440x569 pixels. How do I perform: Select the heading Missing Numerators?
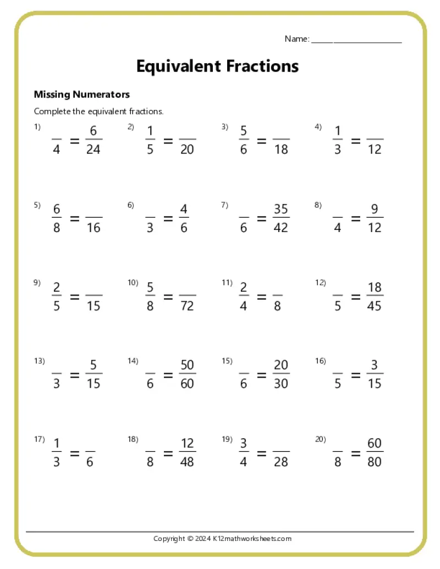click(82, 95)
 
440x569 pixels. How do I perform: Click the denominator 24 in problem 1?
click(94, 150)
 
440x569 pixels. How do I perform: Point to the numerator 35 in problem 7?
click(280, 209)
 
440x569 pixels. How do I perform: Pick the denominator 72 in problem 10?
click(187, 306)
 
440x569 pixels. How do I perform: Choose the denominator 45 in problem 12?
click(375, 306)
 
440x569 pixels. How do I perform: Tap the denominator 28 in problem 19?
click(280, 462)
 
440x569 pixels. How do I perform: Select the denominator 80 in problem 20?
click(375, 462)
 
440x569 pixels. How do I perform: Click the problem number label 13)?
click(39, 361)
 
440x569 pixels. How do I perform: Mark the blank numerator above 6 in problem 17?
click(90, 448)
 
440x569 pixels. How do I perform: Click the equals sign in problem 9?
click(75, 297)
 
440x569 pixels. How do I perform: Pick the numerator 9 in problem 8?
click(375, 209)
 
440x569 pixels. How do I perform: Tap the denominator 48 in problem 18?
click(187, 462)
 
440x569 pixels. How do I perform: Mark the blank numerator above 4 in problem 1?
click(57, 136)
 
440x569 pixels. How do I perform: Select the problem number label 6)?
click(131, 206)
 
